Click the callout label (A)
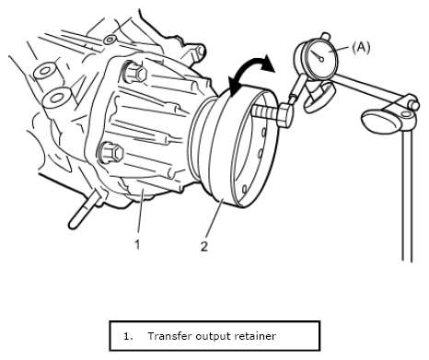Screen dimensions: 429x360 point(361,48)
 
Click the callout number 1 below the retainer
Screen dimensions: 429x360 point(137,245)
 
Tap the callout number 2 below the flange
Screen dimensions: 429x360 point(204,246)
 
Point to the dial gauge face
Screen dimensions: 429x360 point(322,59)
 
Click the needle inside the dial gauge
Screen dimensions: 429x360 point(318,55)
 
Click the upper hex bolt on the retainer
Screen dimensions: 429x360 point(135,73)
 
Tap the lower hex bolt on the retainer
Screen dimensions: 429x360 point(110,153)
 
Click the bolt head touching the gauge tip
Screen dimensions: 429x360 point(285,115)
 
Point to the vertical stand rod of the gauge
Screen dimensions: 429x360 point(407,195)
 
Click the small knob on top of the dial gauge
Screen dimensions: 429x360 point(325,37)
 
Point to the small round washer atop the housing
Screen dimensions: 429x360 point(110,40)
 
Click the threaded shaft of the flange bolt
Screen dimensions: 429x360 point(266,110)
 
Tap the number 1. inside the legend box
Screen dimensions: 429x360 point(128,336)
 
